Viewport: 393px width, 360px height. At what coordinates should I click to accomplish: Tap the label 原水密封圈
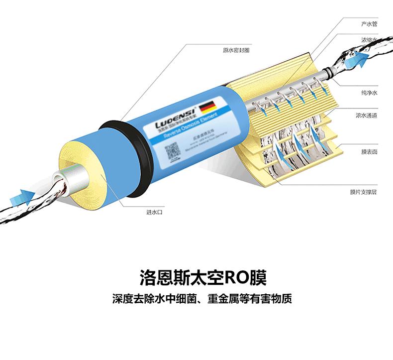click(235, 50)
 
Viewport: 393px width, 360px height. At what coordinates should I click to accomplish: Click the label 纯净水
click(370, 93)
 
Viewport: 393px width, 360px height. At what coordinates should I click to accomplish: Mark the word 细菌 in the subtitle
click(190, 299)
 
